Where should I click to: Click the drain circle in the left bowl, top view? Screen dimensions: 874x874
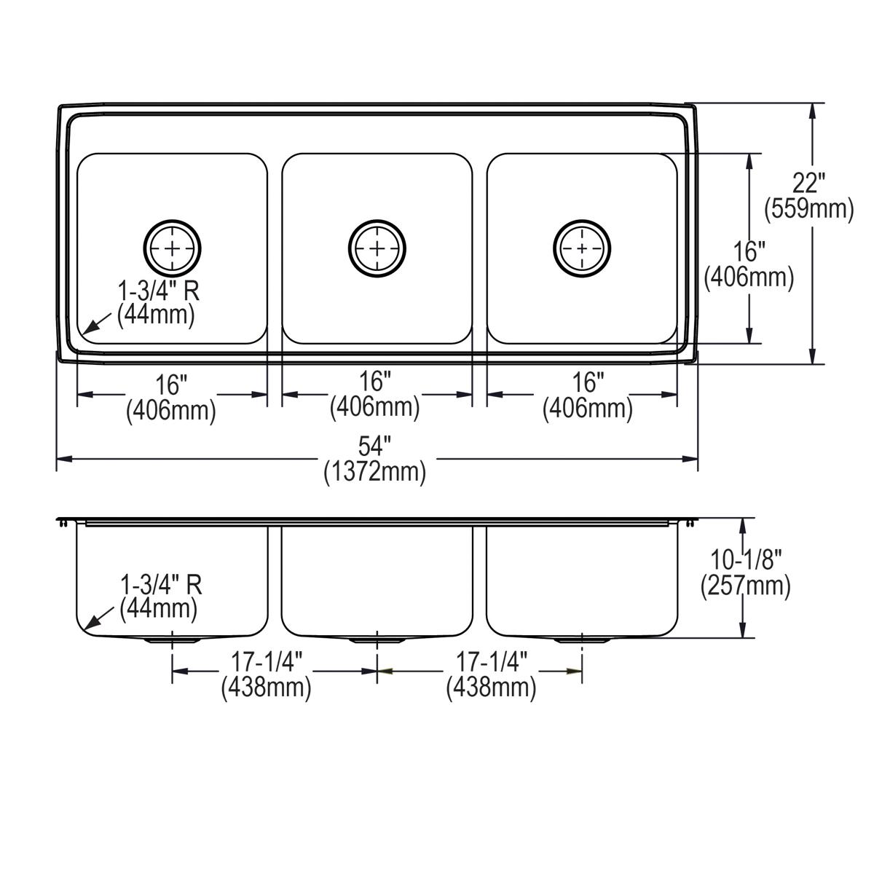[173, 248]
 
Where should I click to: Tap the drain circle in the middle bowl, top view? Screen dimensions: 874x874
[377, 248]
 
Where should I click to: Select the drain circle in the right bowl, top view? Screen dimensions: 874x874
[581, 248]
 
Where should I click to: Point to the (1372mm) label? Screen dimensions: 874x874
[374, 472]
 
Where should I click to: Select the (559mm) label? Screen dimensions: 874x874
[808, 209]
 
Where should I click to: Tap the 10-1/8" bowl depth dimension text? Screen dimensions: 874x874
[745, 559]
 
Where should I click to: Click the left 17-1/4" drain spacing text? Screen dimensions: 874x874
[267, 661]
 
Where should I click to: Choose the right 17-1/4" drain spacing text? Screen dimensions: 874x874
[492, 661]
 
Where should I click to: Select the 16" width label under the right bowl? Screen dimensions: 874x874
[588, 382]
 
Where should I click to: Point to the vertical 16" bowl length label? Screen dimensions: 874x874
[749, 252]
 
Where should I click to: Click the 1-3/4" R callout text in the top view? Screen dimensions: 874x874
[159, 291]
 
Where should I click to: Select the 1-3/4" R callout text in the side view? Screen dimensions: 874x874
[160, 584]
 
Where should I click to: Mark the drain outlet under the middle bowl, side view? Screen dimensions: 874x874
[377, 640]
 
